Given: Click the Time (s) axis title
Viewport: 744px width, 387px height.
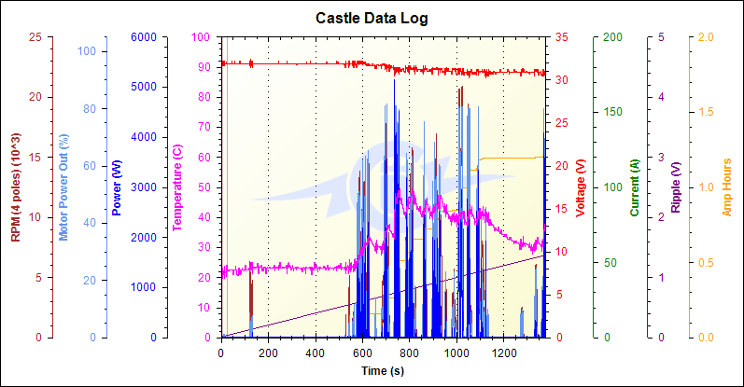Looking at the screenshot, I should (384, 371).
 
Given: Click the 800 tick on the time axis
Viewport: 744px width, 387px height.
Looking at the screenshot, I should (410, 353).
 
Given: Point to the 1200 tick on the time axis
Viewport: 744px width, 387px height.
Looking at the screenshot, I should (504, 353).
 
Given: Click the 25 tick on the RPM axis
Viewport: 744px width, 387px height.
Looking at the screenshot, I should (35, 37).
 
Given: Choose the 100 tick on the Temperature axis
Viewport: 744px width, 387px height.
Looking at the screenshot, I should (202, 37).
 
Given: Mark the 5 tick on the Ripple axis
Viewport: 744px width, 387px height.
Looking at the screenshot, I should (662, 37).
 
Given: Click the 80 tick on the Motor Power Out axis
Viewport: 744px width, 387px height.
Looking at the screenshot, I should (91, 108).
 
